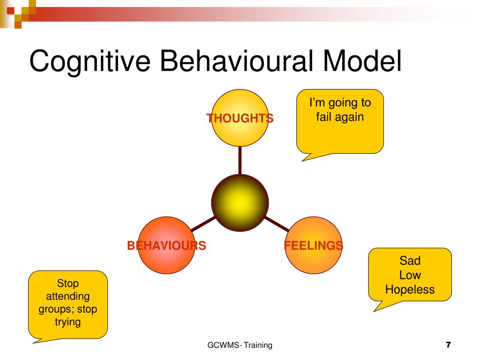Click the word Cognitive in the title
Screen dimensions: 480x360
90,61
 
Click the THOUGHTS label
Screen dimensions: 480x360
240,118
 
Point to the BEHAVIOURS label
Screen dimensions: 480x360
166,246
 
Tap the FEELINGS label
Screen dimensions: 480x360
314,246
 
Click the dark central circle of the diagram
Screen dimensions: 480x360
240,202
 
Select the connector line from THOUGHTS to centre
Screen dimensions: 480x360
240,160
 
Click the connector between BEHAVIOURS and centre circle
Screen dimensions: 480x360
203,224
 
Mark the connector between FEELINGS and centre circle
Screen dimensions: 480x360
277,224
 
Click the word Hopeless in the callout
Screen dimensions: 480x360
410,290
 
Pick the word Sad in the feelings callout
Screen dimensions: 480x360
410,261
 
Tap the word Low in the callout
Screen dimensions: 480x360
410,275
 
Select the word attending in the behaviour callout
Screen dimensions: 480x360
67,296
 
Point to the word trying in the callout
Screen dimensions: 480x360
67,322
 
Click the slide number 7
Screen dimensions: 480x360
449,345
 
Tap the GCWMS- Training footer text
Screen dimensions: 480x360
240,345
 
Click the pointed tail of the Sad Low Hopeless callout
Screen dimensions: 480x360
374,311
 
